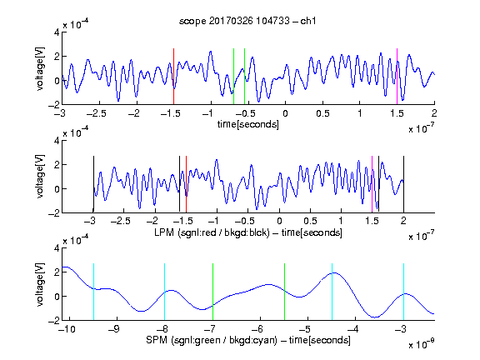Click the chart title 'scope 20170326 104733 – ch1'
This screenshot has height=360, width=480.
[x=247, y=21]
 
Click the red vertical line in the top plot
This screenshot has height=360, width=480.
[x=173, y=77]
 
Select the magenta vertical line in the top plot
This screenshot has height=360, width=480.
[x=397, y=77]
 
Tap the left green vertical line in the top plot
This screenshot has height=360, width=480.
[x=233, y=77]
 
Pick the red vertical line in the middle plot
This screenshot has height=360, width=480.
[x=186, y=184]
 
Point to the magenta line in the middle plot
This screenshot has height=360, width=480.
[x=372, y=184]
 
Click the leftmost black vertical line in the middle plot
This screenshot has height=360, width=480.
[x=93, y=184]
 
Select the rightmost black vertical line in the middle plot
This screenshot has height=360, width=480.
[x=403, y=184]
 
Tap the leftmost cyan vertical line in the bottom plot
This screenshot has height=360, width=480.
[x=93, y=292]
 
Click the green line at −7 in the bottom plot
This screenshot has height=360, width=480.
[x=212, y=292]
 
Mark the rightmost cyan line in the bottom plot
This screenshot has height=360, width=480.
[x=403, y=292]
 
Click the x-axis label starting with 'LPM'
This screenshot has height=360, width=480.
[x=248, y=232]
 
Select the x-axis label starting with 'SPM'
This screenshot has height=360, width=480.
[x=248, y=340]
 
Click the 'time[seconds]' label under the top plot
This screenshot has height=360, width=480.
[x=248, y=124]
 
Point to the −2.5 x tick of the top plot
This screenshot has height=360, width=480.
[x=96, y=113]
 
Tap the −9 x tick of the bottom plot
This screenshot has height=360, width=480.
[x=114, y=329]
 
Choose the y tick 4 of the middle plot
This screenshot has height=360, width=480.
[x=57, y=141]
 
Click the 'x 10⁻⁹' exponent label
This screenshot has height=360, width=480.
[x=422, y=343]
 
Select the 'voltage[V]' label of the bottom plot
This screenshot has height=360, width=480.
[x=40, y=284]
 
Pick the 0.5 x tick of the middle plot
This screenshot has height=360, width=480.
[x=310, y=221]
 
